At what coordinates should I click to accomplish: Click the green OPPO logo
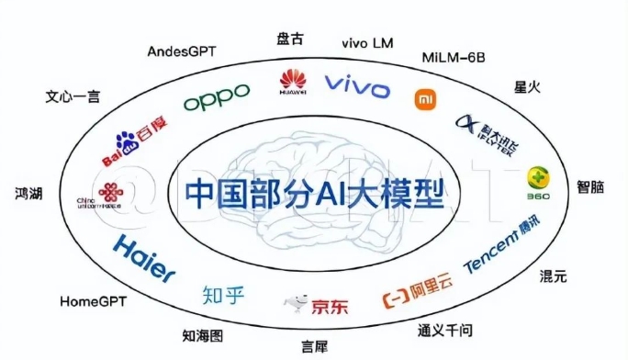(x=217, y=96)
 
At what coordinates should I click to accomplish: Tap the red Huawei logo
(x=294, y=81)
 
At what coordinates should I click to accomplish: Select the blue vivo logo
(x=359, y=87)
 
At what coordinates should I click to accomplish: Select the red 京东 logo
(x=317, y=304)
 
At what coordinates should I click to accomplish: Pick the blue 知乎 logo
(x=225, y=295)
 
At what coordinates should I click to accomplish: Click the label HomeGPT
(x=93, y=300)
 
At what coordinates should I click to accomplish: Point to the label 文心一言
(x=72, y=96)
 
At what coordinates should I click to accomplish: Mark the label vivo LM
(x=367, y=42)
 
